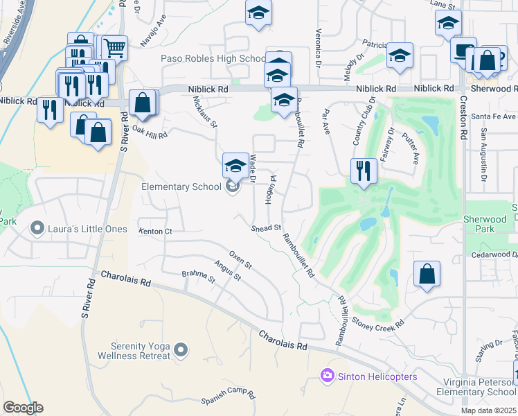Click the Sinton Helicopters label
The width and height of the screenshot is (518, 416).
click(377, 376)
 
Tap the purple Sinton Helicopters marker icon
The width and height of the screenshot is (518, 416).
click(328, 376)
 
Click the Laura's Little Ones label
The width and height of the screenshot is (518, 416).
click(87, 228)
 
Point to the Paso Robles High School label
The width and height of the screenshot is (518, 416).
click(213, 59)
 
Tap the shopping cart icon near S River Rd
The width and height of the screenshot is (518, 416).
click(115, 47)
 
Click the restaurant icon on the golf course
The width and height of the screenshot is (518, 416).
click(363, 170)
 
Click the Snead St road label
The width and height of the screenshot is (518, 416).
click(265, 227)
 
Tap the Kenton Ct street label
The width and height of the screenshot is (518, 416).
click(154, 231)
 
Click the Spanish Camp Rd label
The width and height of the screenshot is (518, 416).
click(229, 396)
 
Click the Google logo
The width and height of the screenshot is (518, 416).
click(23, 408)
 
